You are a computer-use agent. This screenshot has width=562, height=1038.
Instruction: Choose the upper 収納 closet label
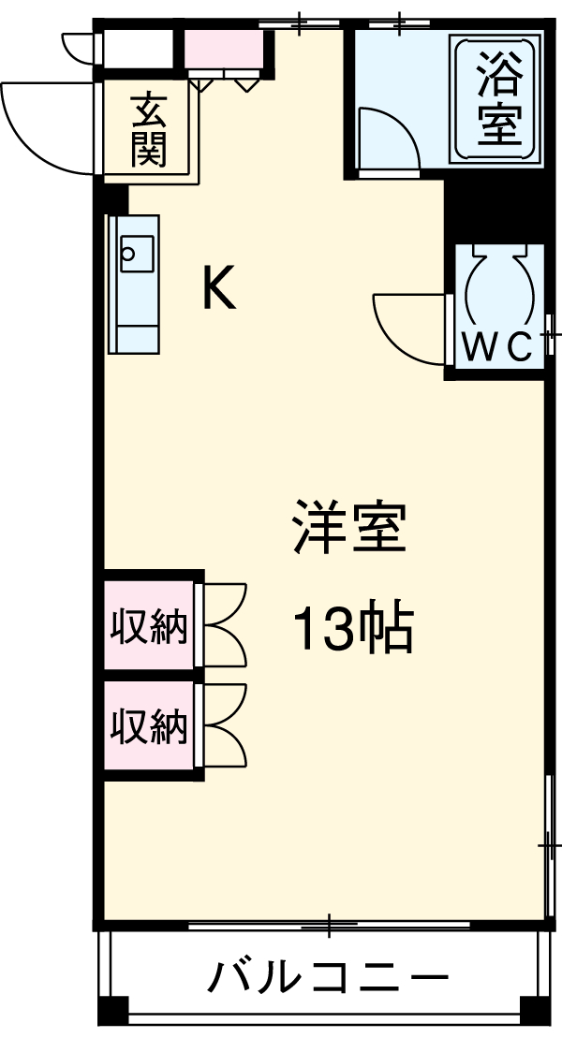pos(150,626)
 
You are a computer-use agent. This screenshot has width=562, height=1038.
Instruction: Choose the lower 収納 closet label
pos(150,725)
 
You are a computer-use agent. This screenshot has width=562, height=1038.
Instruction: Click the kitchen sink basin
pos(136,252)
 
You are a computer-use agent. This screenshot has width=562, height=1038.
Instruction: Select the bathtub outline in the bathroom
pos(497,100)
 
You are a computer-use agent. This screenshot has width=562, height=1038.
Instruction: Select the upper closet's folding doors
pos(225,624)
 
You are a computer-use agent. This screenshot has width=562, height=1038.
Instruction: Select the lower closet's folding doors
pos(225,724)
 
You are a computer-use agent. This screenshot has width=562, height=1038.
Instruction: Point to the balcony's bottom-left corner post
pos(112,1012)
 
